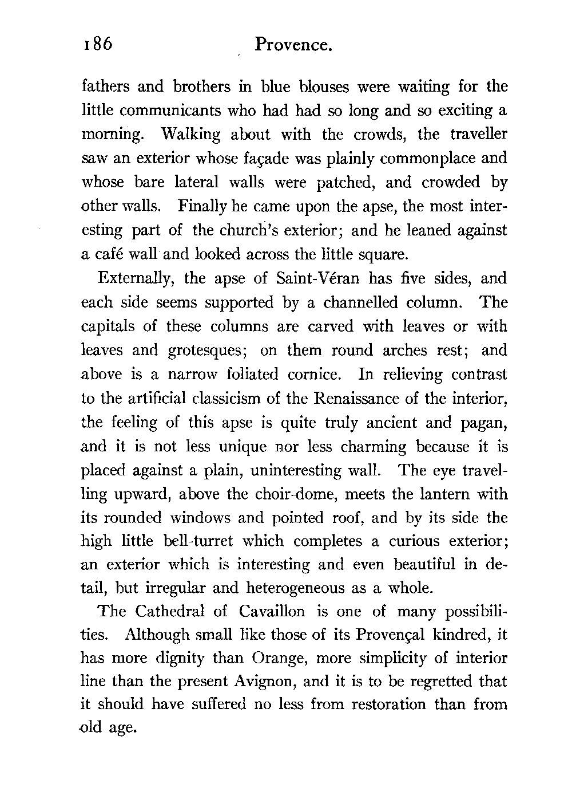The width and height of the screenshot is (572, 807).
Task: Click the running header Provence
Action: click(x=294, y=45)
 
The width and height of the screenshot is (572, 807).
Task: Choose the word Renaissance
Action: click(x=350, y=399)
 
